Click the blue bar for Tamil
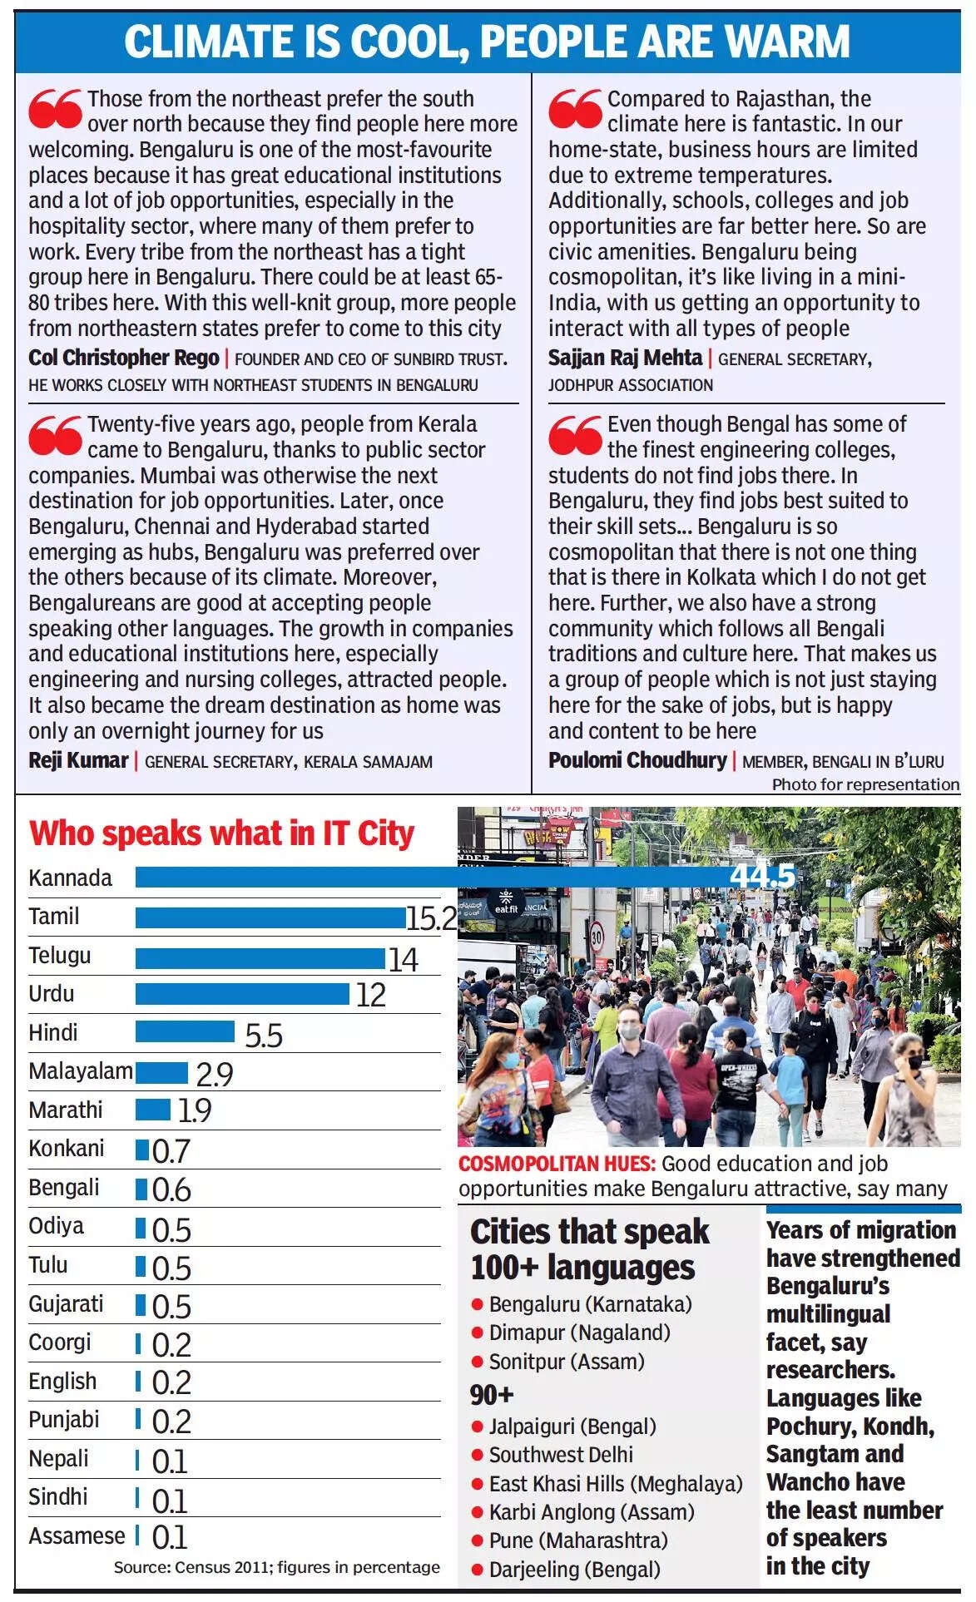click(270, 917)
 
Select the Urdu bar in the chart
click(242, 994)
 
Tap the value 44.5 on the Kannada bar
click(761, 877)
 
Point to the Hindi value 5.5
click(263, 1036)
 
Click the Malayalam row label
click(80, 1071)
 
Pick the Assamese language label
click(77, 1535)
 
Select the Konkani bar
click(141, 1150)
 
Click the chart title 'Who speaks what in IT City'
click(221, 833)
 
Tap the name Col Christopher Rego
click(124, 358)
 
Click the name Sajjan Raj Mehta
click(625, 358)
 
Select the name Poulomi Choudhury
click(637, 760)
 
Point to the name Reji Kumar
click(78, 760)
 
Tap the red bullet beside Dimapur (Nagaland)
click(478, 1333)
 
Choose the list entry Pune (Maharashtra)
click(578, 1540)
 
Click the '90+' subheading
click(492, 1394)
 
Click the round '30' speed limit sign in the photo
click(597, 935)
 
